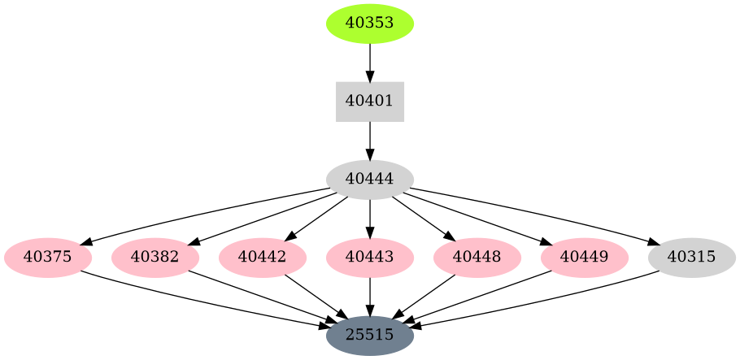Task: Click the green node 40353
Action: pyautogui.click(x=370, y=23)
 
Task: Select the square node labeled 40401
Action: pyautogui.click(x=370, y=102)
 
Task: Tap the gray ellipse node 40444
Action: pyautogui.click(x=370, y=180)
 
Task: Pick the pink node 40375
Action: pyautogui.click(x=48, y=258)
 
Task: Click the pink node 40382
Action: pyautogui.click(x=155, y=258)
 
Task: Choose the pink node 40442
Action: pyautogui.click(x=263, y=258)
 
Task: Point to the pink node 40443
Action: pyautogui.click(x=370, y=258)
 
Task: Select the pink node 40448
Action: pyautogui.click(x=477, y=258)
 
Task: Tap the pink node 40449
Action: pyautogui.click(x=585, y=258)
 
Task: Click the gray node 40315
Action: pyautogui.click(x=692, y=258)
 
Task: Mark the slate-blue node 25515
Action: pyautogui.click(x=370, y=335)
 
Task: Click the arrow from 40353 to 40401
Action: pyautogui.click(x=370, y=62)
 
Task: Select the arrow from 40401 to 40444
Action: pyautogui.click(x=370, y=141)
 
